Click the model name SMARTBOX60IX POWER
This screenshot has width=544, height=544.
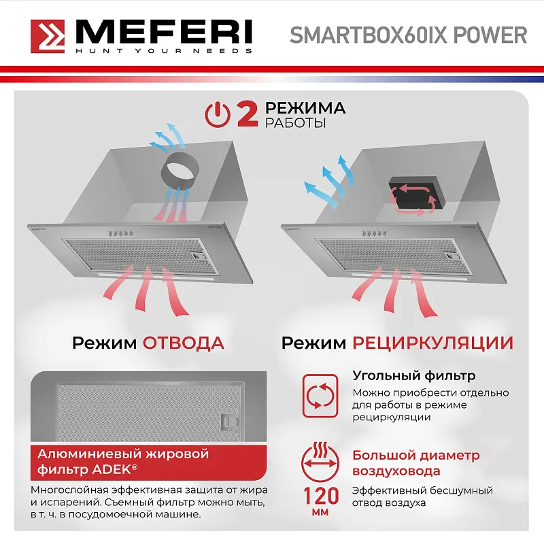click(408, 35)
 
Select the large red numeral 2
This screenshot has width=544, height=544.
click(246, 114)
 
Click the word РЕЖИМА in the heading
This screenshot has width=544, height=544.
click(305, 108)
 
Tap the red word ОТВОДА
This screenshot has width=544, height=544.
click(183, 343)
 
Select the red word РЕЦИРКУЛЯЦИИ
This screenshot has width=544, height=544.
click(432, 343)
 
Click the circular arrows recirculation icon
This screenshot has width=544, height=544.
click(320, 395)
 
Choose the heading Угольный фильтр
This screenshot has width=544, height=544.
click(413, 375)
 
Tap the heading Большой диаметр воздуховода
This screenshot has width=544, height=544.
click(415, 463)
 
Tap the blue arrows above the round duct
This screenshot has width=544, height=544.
click(167, 136)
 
